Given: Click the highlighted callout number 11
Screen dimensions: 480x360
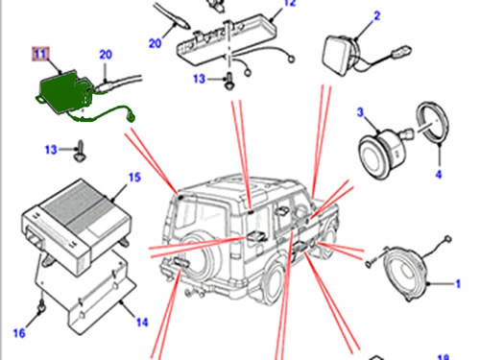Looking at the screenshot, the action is pos(40,54).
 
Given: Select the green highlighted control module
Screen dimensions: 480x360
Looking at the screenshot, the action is pos(65,93).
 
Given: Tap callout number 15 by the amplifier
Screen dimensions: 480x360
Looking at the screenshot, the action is pos(134,178).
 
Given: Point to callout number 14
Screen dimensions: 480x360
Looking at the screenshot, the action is pos(142,322).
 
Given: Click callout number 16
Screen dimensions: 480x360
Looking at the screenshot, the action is pos(19,333).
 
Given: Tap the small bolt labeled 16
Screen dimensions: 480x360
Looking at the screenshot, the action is pos(41,308).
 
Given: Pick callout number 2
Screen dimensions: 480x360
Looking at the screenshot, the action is pos(377,15).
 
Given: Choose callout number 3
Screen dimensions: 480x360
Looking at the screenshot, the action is pos(361,112).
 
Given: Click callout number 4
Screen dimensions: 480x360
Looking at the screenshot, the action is pos(439,175).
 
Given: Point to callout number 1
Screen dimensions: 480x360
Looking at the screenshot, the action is pos(458,284).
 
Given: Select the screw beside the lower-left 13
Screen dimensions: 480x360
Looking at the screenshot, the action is pos(79,151).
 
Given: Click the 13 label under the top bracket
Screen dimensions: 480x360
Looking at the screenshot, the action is pos(199,79).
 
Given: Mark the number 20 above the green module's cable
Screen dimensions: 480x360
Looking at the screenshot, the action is pos(106,55).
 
